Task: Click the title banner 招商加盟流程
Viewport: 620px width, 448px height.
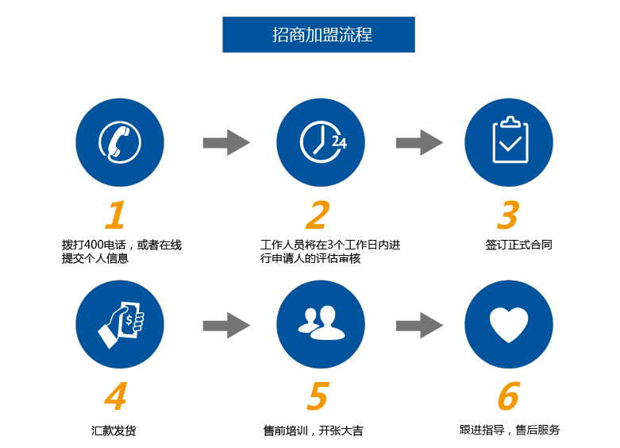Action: pos(318,34)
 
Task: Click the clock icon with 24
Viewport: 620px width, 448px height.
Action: pos(323,142)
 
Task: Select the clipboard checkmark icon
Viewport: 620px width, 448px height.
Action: pos(510,140)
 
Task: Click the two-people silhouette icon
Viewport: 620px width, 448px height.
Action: pos(321,323)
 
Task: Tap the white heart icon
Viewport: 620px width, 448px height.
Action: pos(509,325)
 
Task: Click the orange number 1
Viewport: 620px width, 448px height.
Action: pos(115,215)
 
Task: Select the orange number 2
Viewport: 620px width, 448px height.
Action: pos(318,215)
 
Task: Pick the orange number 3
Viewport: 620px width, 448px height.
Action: pos(508,215)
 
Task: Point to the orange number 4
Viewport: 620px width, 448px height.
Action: pos(115,396)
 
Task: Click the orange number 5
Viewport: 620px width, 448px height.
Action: pos(318,396)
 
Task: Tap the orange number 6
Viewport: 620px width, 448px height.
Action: pos(509,396)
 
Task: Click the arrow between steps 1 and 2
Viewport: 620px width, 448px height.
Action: pos(226,142)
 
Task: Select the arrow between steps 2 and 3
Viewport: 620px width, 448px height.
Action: pos(419,142)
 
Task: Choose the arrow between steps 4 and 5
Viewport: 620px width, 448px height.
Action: pos(226,326)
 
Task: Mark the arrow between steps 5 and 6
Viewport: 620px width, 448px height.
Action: pos(419,326)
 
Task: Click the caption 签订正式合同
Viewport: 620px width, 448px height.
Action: pos(518,245)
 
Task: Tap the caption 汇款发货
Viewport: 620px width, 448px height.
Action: pos(114,431)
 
